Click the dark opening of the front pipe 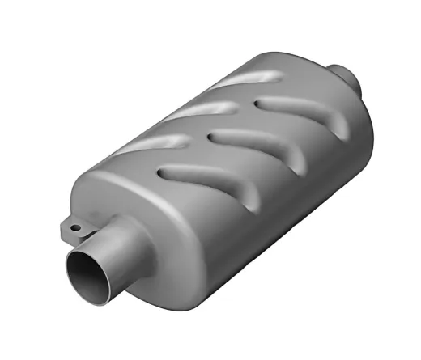(91, 273)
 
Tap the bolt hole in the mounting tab (75, 229)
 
